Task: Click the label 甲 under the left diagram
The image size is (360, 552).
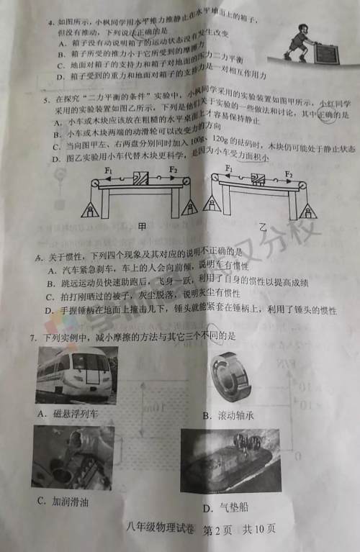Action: coord(141,225)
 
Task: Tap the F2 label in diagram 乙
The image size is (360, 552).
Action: coord(288,173)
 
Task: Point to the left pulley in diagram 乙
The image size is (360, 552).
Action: coord(214,186)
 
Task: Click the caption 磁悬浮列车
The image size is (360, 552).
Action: coord(73,413)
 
